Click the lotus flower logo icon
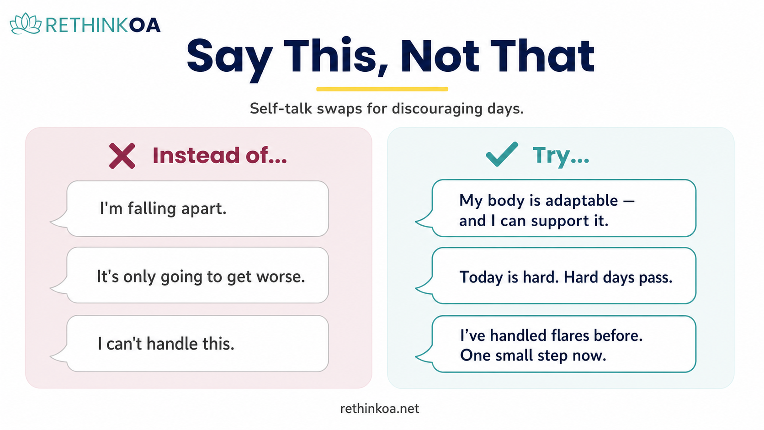coord(26,23)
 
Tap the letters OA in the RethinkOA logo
coord(144,25)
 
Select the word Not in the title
coord(440,56)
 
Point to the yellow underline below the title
coord(382,89)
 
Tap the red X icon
coord(122,156)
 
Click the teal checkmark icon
coord(502,154)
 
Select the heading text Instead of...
coord(220,155)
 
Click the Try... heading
coord(561,156)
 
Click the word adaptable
coord(582,201)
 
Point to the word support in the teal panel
coord(560,222)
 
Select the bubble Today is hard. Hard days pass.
coord(556,276)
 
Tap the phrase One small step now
coord(533,356)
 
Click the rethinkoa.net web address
coord(380,409)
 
